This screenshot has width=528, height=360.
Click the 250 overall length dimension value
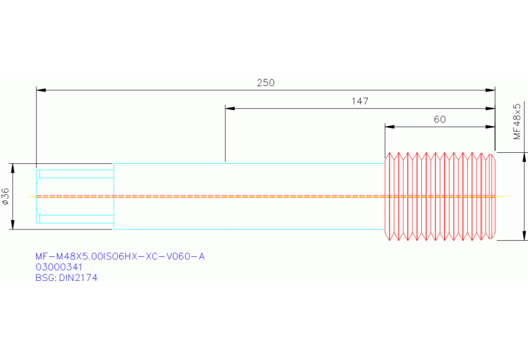pyautogui.click(x=266, y=83)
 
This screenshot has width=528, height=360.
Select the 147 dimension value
pyautogui.click(x=360, y=101)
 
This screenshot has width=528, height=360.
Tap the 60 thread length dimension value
pyautogui.click(x=440, y=120)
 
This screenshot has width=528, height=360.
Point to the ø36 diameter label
pyautogui.click(x=6, y=196)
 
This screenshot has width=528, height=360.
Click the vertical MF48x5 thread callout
pyautogui.click(x=517, y=121)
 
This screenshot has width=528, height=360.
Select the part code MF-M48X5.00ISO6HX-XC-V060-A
pyautogui.click(x=120, y=257)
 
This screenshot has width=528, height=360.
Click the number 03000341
pyautogui.click(x=59, y=267)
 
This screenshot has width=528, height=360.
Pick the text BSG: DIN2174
pyautogui.click(x=66, y=278)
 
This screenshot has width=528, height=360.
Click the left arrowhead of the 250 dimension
pyautogui.click(x=41, y=90)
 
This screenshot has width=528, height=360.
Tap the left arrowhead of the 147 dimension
pyautogui.click(x=230, y=109)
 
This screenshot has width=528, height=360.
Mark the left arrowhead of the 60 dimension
pyautogui.click(x=390, y=127)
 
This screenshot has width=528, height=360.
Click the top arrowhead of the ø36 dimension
pyautogui.click(x=13, y=168)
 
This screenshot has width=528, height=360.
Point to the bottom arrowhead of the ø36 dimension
pyautogui.click(x=13, y=224)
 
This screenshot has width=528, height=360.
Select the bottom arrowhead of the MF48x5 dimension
pyautogui.click(x=525, y=235)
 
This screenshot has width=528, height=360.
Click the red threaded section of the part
pyautogui.click(x=440, y=196)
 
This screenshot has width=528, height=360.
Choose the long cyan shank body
pyautogui.click(x=249, y=196)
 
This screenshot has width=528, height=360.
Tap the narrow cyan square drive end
pyautogui.click(x=75, y=196)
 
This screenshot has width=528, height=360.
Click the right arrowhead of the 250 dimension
pyautogui.click(x=490, y=90)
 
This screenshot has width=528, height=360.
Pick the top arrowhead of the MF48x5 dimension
pyautogui.click(x=525, y=157)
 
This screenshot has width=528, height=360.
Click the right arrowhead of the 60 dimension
pyautogui.click(x=490, y=127)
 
